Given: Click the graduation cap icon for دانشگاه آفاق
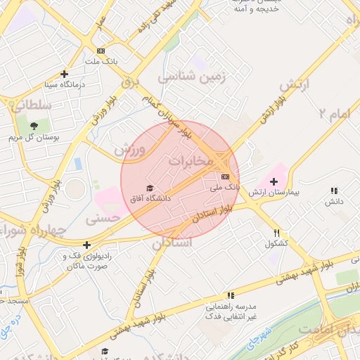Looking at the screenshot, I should click(x=149, y=187).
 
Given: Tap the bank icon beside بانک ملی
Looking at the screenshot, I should click(x=225, y=176).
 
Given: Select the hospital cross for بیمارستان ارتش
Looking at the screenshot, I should click(x=274, y=181).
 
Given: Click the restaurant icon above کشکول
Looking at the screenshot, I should click(x=278, y=233).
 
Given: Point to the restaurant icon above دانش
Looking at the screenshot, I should click(x=334, y=191).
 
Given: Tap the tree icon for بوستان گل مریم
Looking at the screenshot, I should click(x=34, y=125).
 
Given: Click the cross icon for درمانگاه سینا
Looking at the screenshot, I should click(x=65, y=73).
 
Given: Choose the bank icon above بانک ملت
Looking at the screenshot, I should click(x=101, y=51).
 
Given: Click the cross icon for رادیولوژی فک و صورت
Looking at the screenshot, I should click(x=86, y=245).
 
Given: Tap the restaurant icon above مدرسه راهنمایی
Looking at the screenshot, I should click(x=231, y=297).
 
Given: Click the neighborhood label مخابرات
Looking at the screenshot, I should click(x=189, y=161).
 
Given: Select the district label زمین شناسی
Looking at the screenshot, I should click(x=193, y=77).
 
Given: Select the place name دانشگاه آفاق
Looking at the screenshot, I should click(x=150, y=198).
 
